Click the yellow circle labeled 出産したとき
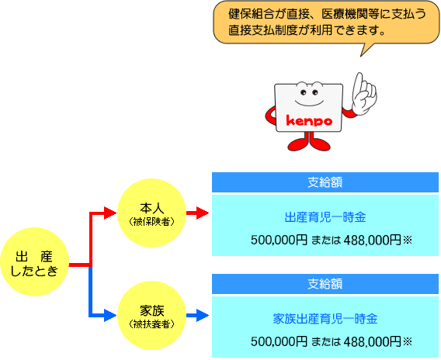pyautogui.click(x=35, y=261)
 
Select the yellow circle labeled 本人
pyautogui.click(x=151, y=213)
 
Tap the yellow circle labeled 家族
pyautogui.click(x=151, y=315)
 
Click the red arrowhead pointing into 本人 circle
pyautogui.click(x=110, y=213)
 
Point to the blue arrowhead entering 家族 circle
pyautogui.click(x=110, y=315)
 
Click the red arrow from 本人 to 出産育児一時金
pyautogui.click(x=198, y=213)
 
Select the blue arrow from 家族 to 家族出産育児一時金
pyautogui.click(x=198, y=315)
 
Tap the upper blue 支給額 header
pyautogui.click(x=325, y=182)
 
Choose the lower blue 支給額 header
pyautogui.click(x=325, y=284)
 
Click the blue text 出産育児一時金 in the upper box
pyautogui.click(x=325, y=217)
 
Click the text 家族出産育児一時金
pyautogui.click(x=325, y=319)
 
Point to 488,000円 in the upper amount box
pyautogui.click(x=373, y=240)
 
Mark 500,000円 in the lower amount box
pyautogui.click(x=279, y=341)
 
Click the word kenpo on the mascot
pyautogui.click(x=309, y=121)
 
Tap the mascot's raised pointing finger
pyautogui.click(x=359, y=81)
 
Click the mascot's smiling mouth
pyautogui.click(x=309, y=102)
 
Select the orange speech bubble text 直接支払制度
pyautogui.click(x=263, y=30)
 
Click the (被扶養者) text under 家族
pyautogui.click(x=151, y=324)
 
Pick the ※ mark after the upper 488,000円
pyautogui.click(x=408, y=240)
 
